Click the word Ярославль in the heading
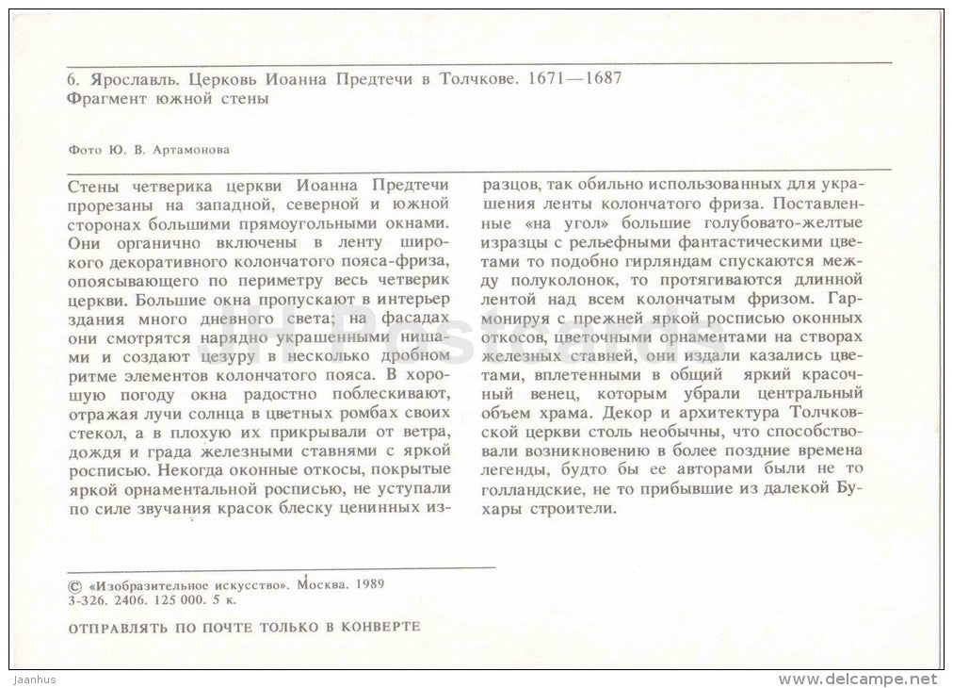117,80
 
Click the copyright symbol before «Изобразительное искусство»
75,583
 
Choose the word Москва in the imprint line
323,583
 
